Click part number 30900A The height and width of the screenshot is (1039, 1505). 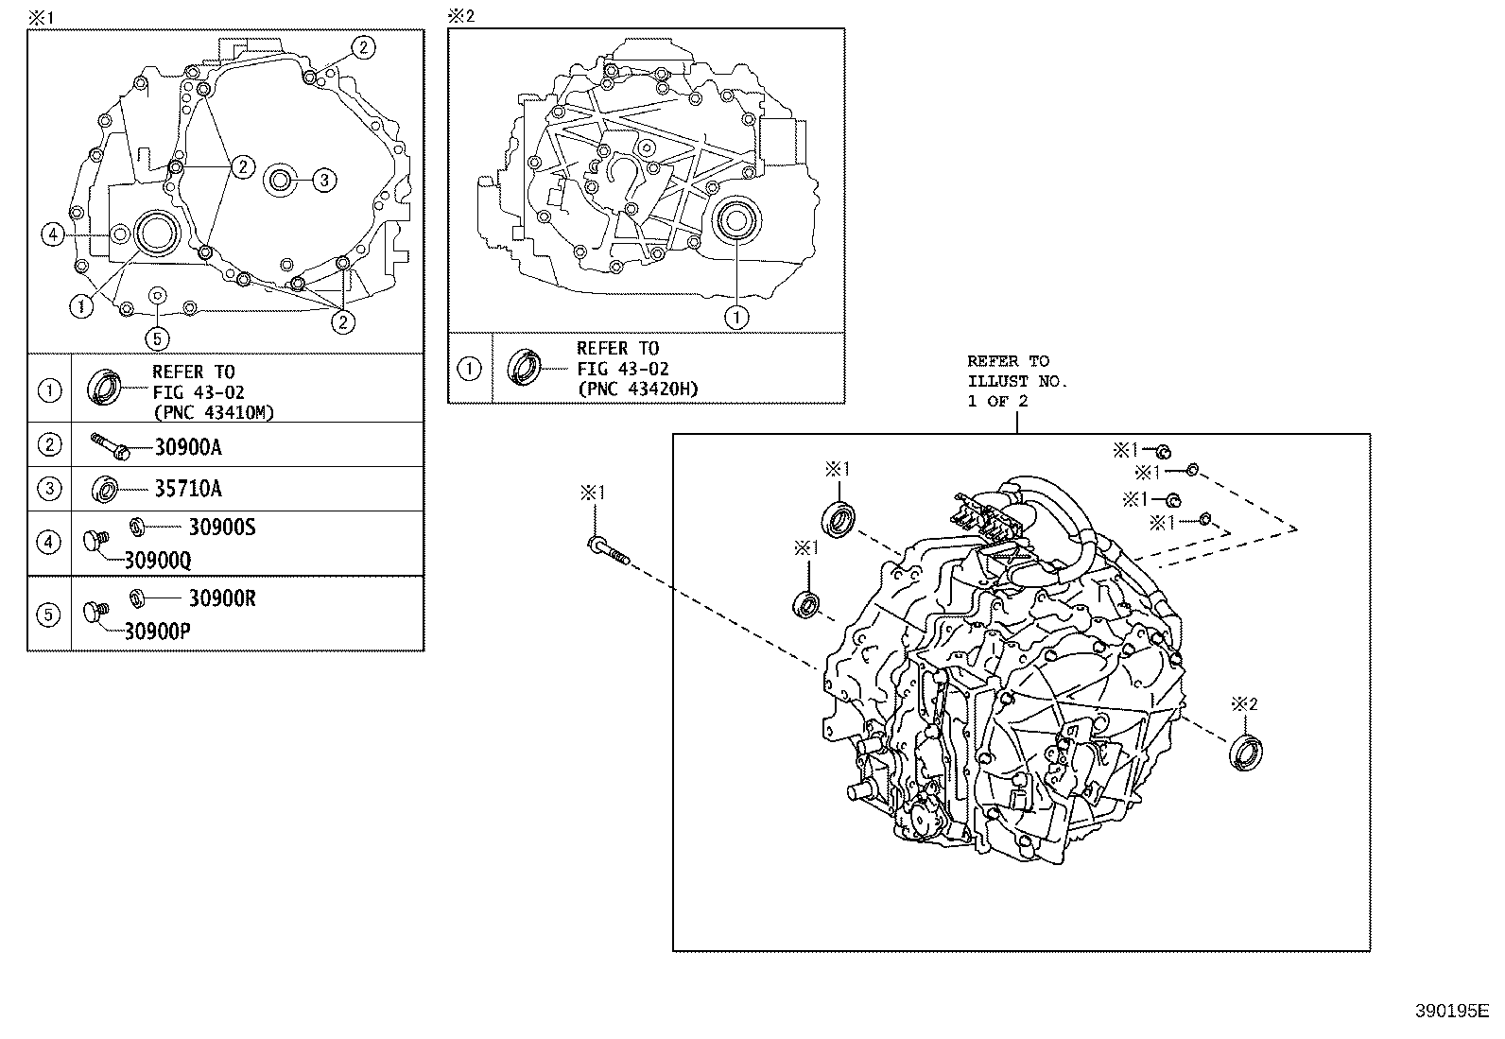[188, 448]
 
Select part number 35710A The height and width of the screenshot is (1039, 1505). [188, 490]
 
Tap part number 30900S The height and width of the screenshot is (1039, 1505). [222, 528]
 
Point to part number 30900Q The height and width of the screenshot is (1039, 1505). [157, 561]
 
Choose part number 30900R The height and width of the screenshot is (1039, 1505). [222, 598]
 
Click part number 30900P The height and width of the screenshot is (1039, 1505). [157, 632]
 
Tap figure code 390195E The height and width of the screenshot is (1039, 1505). [1451, 1012]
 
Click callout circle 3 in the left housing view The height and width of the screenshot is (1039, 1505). [323, 180]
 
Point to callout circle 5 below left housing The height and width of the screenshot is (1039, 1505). [158, 337]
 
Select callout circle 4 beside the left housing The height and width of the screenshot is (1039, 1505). [53, 234]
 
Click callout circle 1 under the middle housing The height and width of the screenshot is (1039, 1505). [735, 317]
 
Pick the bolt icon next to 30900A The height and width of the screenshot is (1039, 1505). [111, 447]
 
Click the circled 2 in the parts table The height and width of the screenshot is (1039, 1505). [49, 445]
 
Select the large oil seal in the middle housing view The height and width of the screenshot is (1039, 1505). [735, 221]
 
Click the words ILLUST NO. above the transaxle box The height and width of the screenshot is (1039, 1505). [1016, 381]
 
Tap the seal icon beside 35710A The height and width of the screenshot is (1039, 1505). [106, 490]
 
